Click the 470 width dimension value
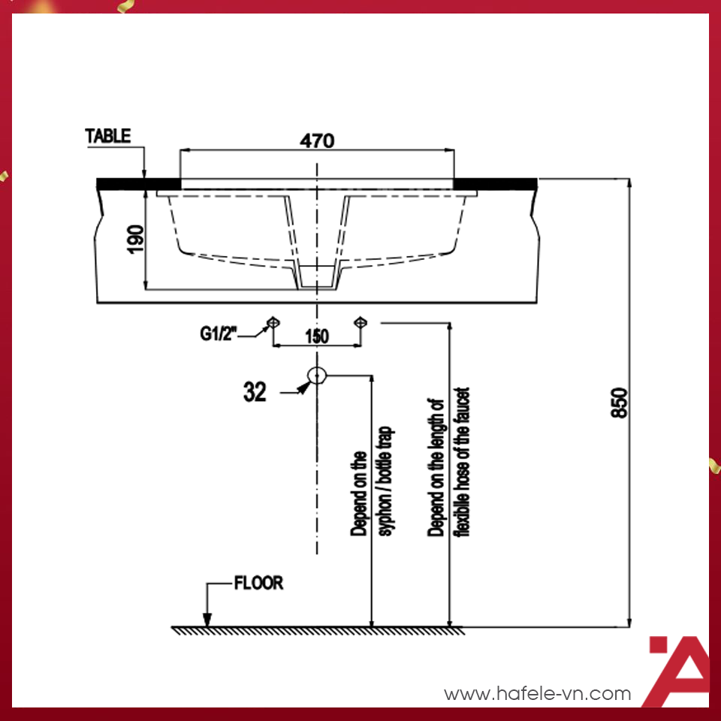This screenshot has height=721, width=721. [317, 140]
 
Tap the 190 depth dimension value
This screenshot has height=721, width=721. [135, 237]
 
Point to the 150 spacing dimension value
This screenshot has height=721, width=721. [317, 336]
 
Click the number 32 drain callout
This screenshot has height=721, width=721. [255, 391]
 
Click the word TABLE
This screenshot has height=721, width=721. [108, 136]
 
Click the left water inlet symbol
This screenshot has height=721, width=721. [273, 322]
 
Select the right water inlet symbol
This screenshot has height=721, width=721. [361, 322]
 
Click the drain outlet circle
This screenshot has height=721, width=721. [317, 375]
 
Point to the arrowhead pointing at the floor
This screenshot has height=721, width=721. [207, 619]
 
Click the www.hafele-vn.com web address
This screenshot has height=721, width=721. [537, 694]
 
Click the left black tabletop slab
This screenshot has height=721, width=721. [139, 183]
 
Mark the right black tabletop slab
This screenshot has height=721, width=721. [496, 183]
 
